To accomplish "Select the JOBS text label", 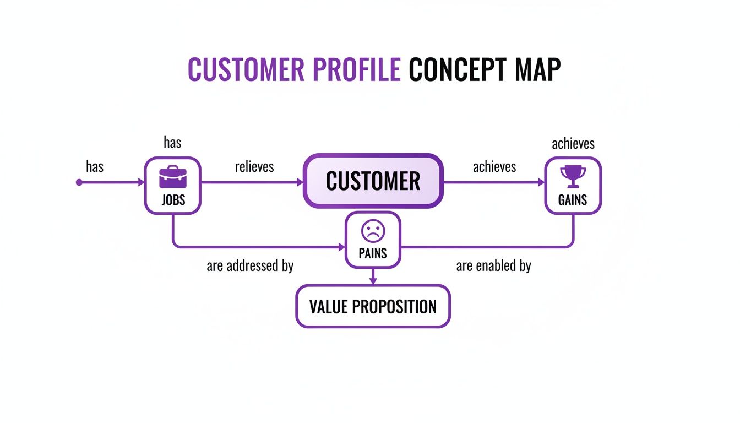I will (173, 200).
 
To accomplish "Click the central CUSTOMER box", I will (373, 181).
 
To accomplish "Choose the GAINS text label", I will (573, 200).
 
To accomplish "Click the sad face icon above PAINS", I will (373, 231).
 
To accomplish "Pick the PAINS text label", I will (373, 254).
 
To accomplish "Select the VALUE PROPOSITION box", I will (373, 306).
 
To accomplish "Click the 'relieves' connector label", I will (254, 166).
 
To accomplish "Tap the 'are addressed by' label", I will (250, 266).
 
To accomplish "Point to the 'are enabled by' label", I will (493, 266).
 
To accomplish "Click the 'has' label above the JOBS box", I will (172, 143).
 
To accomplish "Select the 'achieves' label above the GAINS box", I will (573, 144).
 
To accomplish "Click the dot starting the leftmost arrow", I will (79, 182).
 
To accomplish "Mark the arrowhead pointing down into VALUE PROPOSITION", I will (373, 281).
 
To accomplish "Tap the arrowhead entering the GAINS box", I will (540, 182).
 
